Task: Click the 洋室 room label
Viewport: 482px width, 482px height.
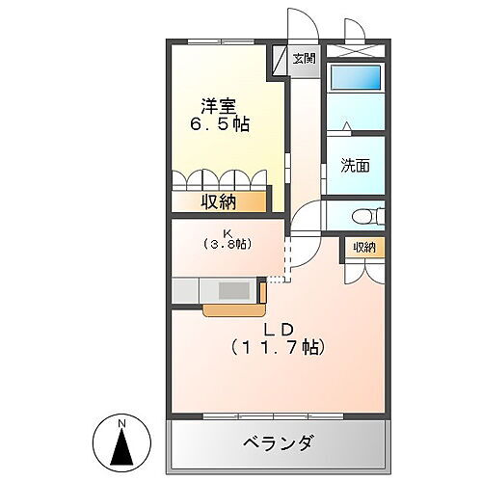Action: (x=220, y=105)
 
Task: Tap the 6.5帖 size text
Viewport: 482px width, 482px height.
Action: (x=220, y=124)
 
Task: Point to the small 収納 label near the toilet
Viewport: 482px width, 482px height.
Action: (x=363, y=247)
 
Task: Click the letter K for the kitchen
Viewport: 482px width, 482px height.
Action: (x=228, y=232)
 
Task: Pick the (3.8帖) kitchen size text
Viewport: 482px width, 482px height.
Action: (x=228, y=245)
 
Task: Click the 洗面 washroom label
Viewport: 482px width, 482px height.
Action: (x=354, y=166)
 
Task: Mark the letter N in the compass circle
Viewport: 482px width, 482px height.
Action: (x=121, y=424)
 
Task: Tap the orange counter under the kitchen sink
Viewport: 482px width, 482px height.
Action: (x=231, y=308)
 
